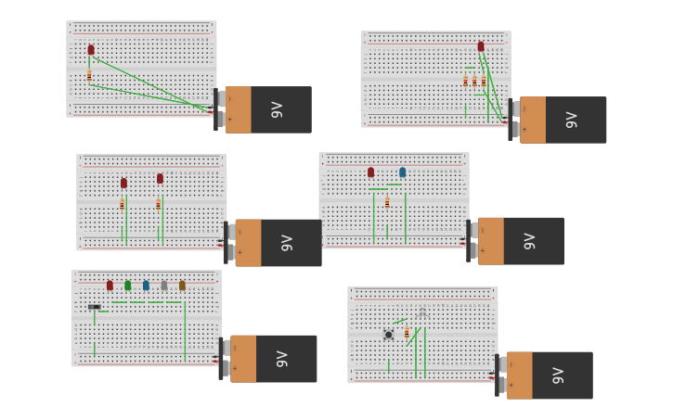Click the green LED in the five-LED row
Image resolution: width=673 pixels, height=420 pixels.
click(127, 286)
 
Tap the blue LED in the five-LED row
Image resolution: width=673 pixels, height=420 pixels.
click(146, 286)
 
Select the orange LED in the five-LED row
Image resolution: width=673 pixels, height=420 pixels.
click(182, 286)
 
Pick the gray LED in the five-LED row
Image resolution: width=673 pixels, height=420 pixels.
click(163, 286)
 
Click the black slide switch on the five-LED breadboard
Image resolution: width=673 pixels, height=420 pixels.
click(95, 306)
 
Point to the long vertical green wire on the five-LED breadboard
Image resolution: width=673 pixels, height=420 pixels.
click(185, 329)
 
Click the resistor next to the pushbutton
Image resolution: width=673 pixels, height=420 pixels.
click(406, 333)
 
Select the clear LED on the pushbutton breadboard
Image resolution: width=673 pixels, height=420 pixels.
click(422, 312)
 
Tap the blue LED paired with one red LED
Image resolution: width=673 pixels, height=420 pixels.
click(402, 172)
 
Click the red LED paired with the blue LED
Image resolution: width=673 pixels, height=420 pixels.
click(370, 172)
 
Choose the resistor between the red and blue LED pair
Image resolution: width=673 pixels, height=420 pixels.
click(387, 202)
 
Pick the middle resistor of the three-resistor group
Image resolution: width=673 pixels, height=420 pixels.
click(474, 82)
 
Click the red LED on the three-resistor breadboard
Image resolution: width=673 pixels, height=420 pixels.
click(481, 46)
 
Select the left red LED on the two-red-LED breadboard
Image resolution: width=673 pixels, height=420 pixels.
click(123, 183)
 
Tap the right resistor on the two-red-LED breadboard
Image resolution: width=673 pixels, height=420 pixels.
click(158, 204)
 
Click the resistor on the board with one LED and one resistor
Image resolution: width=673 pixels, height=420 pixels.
click(89, 77)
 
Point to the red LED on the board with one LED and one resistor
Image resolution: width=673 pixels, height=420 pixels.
click(91, 50)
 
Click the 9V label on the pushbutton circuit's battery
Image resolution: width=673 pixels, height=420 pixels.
click(558, 375)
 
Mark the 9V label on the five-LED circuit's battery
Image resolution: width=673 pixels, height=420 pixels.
click(282, 359)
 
